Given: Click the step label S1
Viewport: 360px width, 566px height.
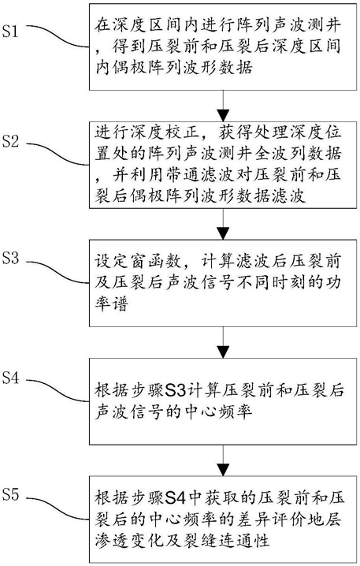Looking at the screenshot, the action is (x=10, y=31).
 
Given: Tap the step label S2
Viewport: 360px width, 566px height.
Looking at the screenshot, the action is (x=10, y=141).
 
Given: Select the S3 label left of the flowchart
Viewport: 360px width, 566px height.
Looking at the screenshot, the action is (x=10, y=258).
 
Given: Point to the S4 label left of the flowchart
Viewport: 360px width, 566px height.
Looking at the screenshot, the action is (x=10, y=378).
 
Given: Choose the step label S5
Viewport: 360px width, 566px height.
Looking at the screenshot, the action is (x=10, y=494).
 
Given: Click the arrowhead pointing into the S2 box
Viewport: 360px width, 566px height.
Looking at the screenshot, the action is (x=224, y=116).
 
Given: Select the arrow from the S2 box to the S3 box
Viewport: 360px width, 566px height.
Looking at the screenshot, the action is (x=224, y=224).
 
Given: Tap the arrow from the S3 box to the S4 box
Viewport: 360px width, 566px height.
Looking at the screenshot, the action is (x=224, y=342).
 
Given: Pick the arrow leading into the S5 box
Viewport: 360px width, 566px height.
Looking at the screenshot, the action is (x=224, y=460).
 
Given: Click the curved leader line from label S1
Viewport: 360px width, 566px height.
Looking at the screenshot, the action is (x=58, y=37).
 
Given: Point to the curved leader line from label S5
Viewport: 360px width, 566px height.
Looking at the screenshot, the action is (x=58, y=509).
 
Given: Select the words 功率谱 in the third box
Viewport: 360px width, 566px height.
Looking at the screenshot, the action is (x=111, y=304).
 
